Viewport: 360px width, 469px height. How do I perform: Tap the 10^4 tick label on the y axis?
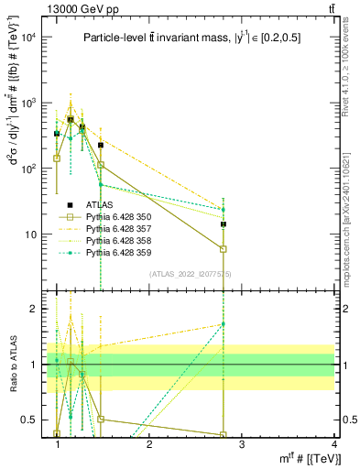click(x=28, y=38)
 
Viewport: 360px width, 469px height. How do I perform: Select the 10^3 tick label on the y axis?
click(x=28, y=104)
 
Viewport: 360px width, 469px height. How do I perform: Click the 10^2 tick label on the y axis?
click(x=28, y=169)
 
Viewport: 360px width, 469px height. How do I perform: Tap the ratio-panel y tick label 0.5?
click(x=30, y=420)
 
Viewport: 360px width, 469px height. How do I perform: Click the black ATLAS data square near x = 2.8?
click(x=224, y=224)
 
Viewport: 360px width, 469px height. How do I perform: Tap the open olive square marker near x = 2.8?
click(x=224, y=249)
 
